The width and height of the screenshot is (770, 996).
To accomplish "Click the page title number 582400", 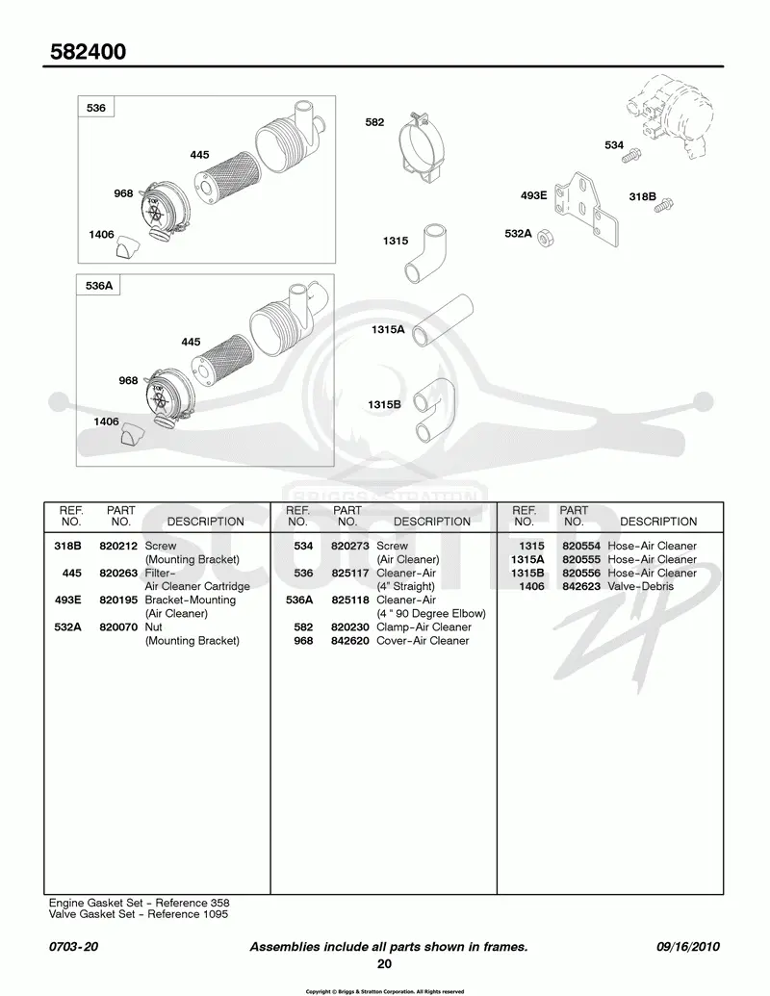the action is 88,51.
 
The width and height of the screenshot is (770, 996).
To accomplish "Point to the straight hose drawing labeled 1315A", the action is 442,320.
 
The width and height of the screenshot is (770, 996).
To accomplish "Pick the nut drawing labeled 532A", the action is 545,239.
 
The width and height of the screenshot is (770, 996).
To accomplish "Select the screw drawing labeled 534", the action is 630,155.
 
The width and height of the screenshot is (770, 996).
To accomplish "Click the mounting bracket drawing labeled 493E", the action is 586,209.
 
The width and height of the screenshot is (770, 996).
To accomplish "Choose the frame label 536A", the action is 99,286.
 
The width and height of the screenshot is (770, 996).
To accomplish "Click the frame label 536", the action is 96,108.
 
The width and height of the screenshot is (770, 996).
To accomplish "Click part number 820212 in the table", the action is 118,546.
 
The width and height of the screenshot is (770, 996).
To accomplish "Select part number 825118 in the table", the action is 350,600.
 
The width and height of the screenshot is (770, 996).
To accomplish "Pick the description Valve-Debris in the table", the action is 640,586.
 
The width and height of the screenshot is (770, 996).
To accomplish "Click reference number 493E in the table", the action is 68,600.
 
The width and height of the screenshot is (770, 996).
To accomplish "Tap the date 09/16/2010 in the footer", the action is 688,947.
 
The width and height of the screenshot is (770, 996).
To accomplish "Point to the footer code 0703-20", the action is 74,947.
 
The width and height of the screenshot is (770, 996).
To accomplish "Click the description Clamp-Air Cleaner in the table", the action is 423,626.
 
